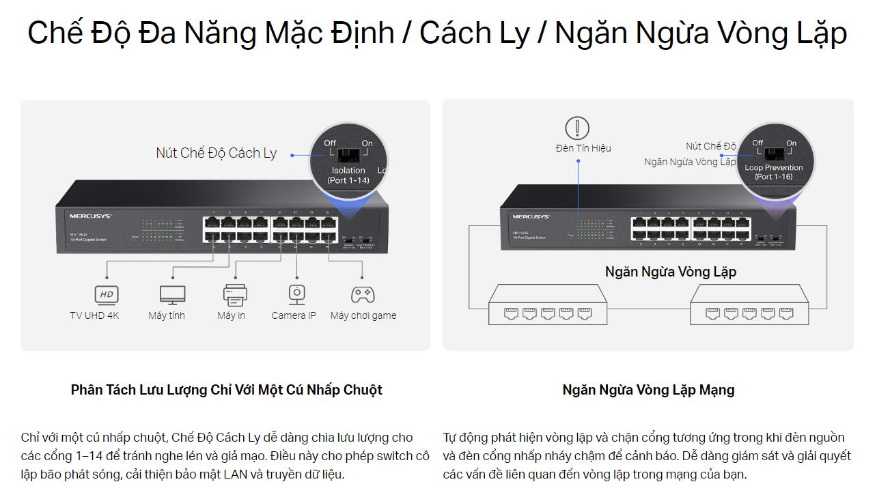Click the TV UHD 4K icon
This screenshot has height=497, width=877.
pyautogui.click(x=107, y=294)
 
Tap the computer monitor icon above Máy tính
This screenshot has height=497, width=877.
pyautogui.click(x=172, y=294)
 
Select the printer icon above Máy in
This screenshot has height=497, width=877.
pyautogui.click(x=235, y=294)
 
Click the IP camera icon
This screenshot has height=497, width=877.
pyautogui.click(x=296, y=294)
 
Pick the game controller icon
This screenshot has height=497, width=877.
pyautogui.click(x=363, y=294)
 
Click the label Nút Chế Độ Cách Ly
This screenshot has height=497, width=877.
pyautogui.click(x=216, y=153)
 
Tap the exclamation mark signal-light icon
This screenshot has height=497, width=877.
pyautogui.click(x=577, y=128)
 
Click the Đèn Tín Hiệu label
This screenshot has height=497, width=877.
pyautogui.click(x=583, y=148)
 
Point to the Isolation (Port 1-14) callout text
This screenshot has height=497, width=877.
pyautogui.click(x=348, y=175)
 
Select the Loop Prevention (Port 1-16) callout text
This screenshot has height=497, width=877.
pyautogui.click(x=774, y=172)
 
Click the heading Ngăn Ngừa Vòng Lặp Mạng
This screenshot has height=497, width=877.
pyautogui.click(x=648, y=390)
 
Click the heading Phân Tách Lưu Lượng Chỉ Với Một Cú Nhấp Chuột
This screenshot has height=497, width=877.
pyautogui.click(x=226, y=390)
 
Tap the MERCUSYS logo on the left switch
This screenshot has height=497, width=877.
pyautogui.click(x=90, y=216)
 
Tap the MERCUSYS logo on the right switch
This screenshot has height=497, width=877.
pyautogui.click(x=531, y=216)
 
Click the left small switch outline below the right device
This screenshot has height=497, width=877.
pyautogui.click(x=548, y=304)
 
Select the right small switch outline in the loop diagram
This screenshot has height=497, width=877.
pyautogui.click(x=749, y=304)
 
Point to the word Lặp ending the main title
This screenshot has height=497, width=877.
pyautogui.click(x=818, y=33)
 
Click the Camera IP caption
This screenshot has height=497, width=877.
pyautogui.click(x=294, y=315)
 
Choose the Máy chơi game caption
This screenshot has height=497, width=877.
pyautogui.click(x=363, y=315)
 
